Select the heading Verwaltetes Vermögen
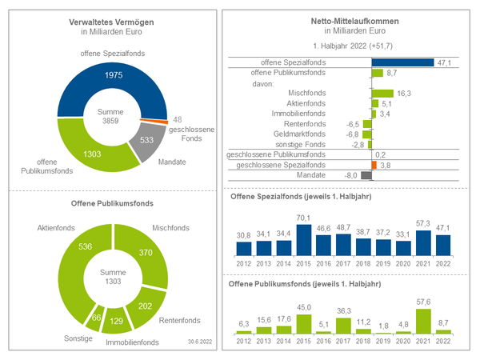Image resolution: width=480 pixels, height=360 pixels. pyautogui.click(x=111, y=22)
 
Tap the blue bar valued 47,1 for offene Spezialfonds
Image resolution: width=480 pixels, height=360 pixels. pyautogui.click(x=402, y=62)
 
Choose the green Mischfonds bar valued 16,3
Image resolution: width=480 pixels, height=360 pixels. pyautogui.click(x=382, y=93)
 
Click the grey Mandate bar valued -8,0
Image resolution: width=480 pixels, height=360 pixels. pyautogui.click(x=367, y=174)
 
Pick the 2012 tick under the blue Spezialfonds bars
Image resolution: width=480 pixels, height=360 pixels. pyautogui.click(x=243, y=262)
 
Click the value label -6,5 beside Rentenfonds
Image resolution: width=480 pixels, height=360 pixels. pyautogui.click(x=352, y=124)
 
